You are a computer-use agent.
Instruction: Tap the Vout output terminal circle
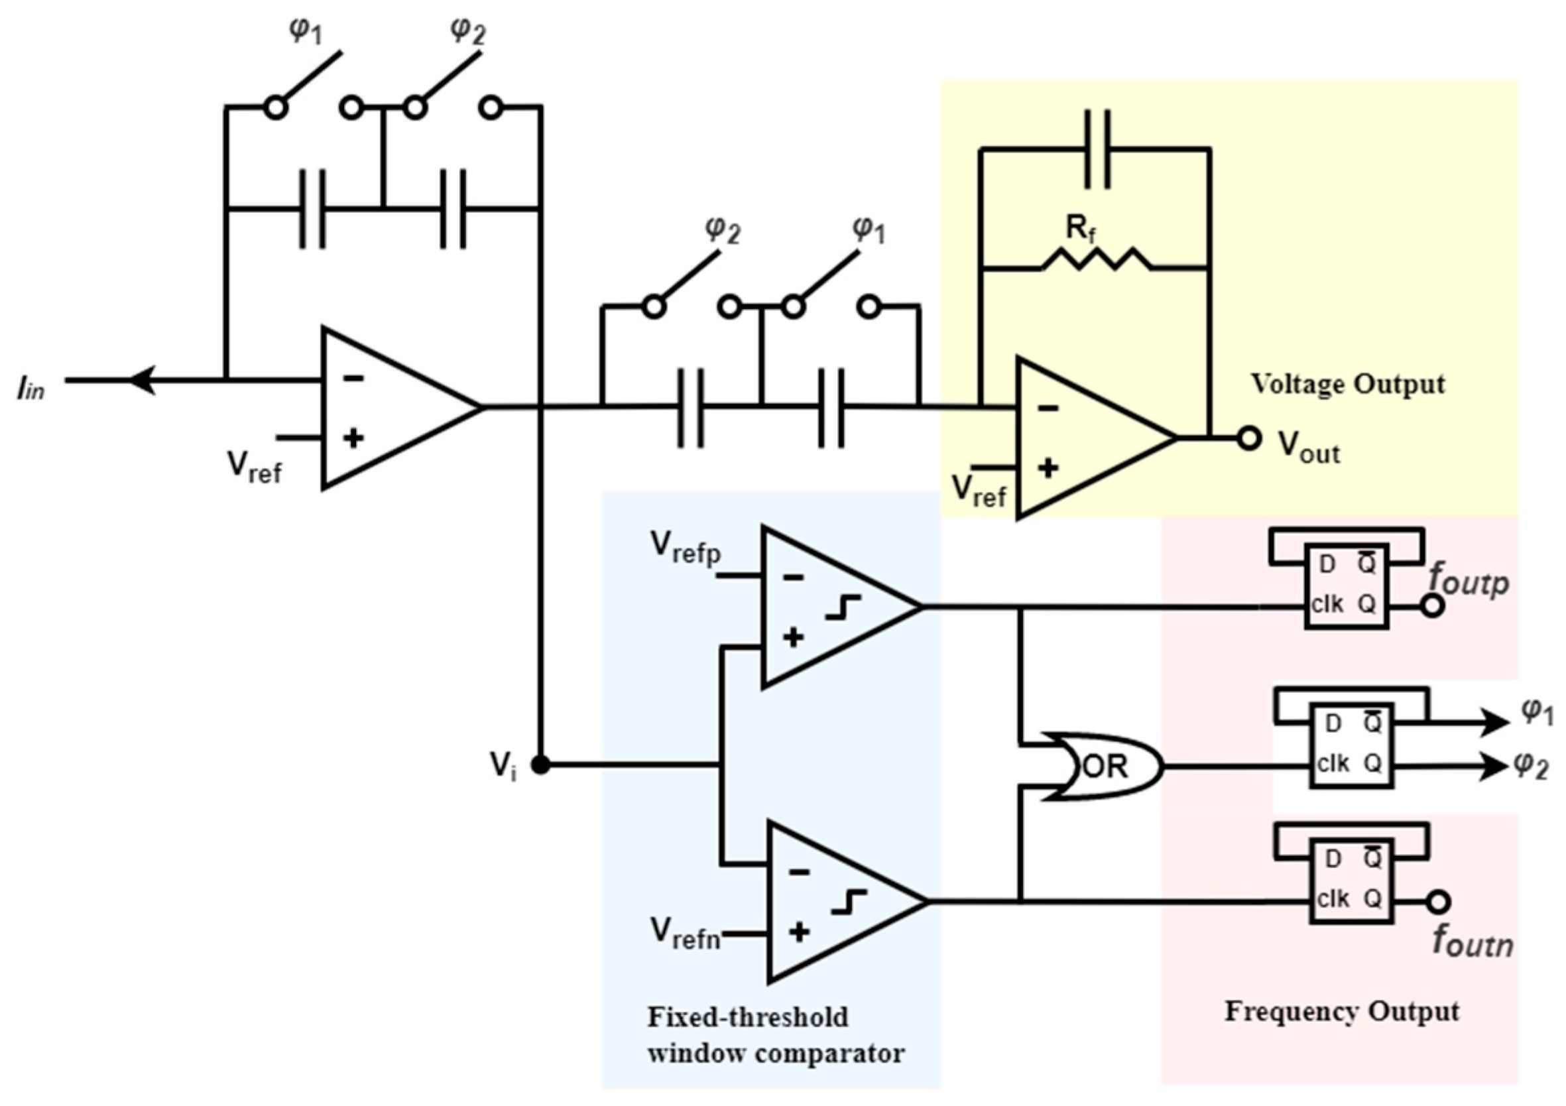tap(1248, 438)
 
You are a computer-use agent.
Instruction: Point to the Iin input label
tap(31, 390)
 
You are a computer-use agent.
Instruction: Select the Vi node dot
tap(541, 766)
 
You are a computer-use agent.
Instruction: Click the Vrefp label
tap(685, 548)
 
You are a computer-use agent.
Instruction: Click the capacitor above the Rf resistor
tap(1097, 149)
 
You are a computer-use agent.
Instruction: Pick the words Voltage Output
tap(1347, 384)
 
